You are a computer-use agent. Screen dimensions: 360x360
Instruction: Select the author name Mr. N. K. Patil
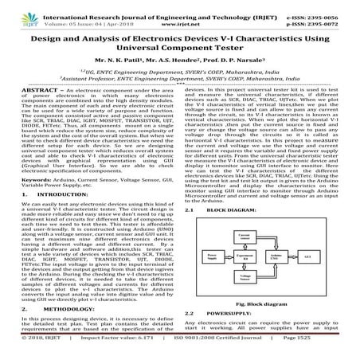124,50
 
